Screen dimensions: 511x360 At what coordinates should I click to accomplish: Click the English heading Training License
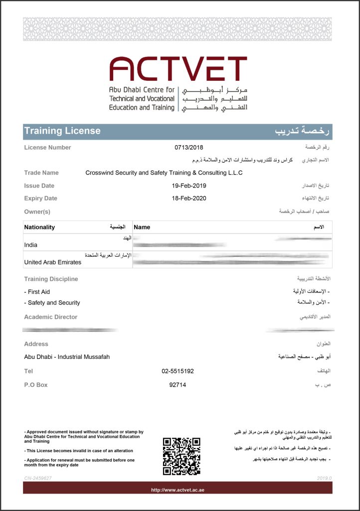tap(62, 131)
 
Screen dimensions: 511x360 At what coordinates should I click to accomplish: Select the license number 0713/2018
tap(189, 147)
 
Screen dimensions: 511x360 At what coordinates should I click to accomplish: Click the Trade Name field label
tap(41, 173)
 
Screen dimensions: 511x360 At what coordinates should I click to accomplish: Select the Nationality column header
tap(39, 227)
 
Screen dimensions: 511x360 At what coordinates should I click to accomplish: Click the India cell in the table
tap(31, 245)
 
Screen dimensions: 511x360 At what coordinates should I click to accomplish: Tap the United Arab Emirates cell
tap(52, 262)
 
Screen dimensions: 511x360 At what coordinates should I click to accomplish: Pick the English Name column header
tap(142, 227)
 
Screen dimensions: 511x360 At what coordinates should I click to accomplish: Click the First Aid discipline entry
tap(37, 292)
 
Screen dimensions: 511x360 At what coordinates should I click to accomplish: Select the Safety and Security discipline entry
tap(52, 303)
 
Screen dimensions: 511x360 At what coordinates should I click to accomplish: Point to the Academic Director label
tap(51, 317)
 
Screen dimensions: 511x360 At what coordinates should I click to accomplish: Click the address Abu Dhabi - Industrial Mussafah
tap(67, 357)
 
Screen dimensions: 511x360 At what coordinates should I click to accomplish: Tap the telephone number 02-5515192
tap(178, 371)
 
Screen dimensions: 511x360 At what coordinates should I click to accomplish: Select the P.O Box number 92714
tap(178, 385)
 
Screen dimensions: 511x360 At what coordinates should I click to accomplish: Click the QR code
tap(181, 456)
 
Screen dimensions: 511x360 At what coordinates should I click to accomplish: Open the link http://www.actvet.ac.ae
tap(178, 490)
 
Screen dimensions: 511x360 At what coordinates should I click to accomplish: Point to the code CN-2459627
tap(38, 478)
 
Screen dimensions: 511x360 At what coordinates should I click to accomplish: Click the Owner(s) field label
tap(37, 212)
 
